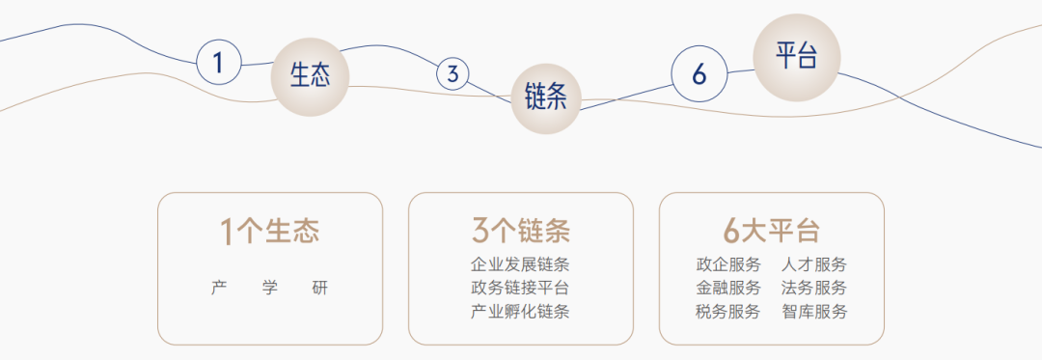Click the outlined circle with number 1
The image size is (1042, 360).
pos(219,63)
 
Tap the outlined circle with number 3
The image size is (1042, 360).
pos(452,73)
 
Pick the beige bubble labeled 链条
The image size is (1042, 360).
pos(545,97)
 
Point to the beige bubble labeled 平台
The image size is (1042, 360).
pos(797,56)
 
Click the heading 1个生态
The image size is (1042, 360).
pos(270,232)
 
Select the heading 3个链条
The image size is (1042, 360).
pos(521,232)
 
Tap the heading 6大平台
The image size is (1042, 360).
pos(772,232)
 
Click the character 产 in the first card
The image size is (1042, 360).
pos(219,288)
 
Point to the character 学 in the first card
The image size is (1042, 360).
pos(270,288)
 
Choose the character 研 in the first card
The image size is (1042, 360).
pos(320,288)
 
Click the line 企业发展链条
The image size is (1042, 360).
pos(521,263)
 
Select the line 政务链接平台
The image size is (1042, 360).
pos(521,288)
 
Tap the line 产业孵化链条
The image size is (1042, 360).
pos(521,312)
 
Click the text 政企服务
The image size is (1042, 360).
pos(728,263)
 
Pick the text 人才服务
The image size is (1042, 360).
pos(815,263)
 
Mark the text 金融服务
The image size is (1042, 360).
pos(728,288)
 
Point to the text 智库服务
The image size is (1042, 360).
pos(815,312)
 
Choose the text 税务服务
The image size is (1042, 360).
pos(728,312)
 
